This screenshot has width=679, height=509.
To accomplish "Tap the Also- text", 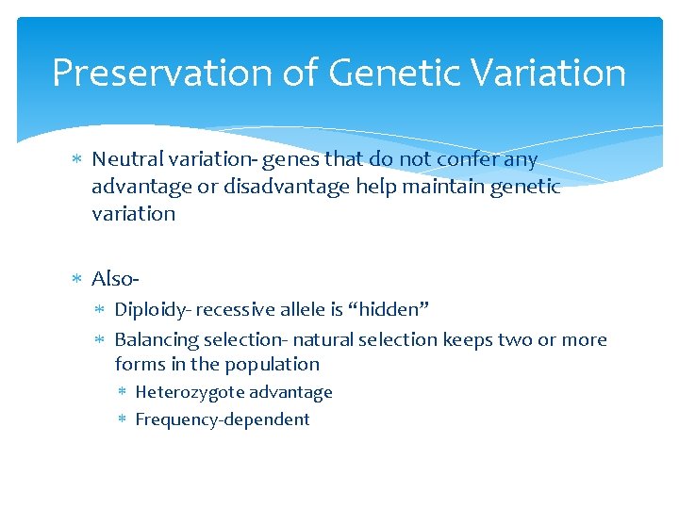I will click(x=116, y=278).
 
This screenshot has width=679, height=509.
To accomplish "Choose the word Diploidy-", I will click(x=154, y=309).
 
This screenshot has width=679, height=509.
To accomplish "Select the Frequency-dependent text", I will click(x=223, y=419).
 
